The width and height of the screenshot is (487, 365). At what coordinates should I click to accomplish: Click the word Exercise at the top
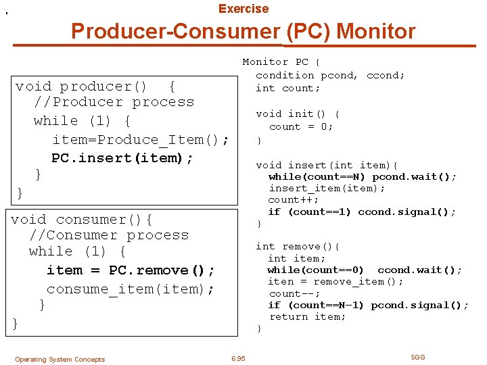click(x=243, y=9)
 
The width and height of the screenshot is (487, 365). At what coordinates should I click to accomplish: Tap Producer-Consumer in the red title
click(x=175, y=31)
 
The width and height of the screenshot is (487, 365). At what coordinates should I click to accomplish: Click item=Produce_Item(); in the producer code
click(x=141, y=140)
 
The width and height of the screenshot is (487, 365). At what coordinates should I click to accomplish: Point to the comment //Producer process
click(x=114, y=102)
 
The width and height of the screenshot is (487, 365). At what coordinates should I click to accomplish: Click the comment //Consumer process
click(x=109, y=235)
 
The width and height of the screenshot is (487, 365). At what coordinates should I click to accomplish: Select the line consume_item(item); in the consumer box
click(x=131, y=289)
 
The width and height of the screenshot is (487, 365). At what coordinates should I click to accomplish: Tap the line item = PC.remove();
click(x=131, y=270)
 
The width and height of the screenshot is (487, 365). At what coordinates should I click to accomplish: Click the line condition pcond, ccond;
click(x=330, y=75)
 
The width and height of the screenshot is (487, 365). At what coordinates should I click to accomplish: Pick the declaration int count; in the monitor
click(x=288, y=88)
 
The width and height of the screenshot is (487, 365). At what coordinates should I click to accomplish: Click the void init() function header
click(x=298, y=114)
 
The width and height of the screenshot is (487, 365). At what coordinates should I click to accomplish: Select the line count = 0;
click(x=301, y=126)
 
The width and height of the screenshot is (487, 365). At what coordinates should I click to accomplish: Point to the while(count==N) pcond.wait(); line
click(x=363, y=176)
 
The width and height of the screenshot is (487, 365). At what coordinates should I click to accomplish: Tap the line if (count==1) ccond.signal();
click(x=363, y=212)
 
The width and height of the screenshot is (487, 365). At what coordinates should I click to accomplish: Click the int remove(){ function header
click(x=298, y=247)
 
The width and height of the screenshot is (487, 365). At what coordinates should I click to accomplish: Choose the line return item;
click(x=298, y=316)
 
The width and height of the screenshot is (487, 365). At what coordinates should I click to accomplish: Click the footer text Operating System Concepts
click(x=60, y=360)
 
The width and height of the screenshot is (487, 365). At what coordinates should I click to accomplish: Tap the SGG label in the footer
click(x=418, y=357)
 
